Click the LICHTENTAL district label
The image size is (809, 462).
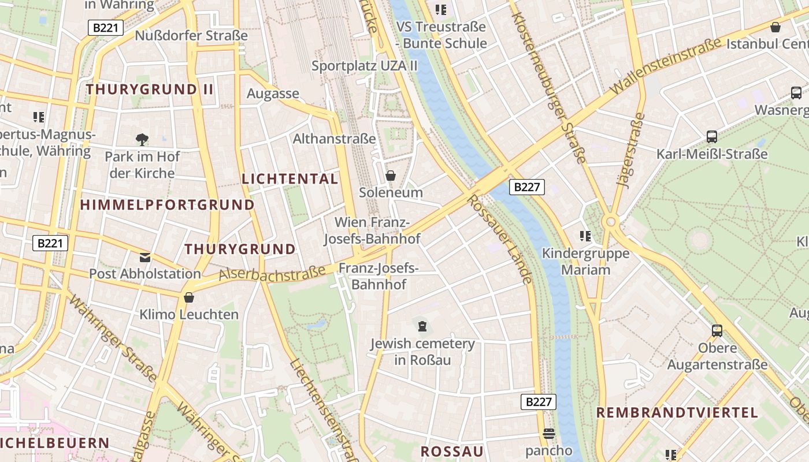pos(290,179)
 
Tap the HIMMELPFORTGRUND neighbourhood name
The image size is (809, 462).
pos(167,205)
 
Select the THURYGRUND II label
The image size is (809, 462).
pos(150,90)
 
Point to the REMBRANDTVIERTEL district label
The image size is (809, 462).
pos(677,413)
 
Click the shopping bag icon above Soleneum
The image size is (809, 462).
pos(391,176)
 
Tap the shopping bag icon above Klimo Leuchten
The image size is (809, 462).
pos(188,298)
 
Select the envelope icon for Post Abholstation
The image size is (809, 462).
pos(144,257)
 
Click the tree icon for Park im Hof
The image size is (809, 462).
pos(142,139)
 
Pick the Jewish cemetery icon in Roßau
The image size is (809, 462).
pos(422,327)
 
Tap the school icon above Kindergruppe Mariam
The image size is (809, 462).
pos(585,236)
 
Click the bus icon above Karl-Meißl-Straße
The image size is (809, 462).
pos(712,137)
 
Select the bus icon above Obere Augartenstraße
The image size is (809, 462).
pos(717,331)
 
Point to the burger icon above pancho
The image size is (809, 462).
pos(548,433)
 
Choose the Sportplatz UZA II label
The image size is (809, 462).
pos(364,66)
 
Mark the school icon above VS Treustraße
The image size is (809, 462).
pos(441,10)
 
